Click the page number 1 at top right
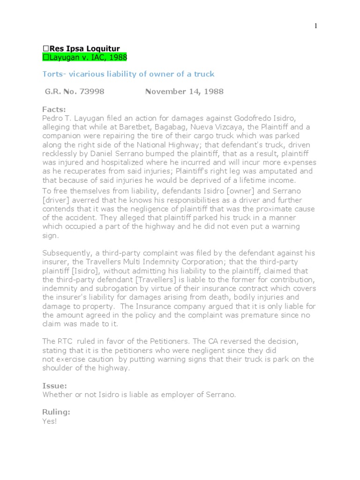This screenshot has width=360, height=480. coord(315,26)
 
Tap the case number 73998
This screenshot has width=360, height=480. coord(93,91)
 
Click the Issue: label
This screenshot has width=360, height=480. coord(54,386)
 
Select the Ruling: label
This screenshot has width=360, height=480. coord(56,412)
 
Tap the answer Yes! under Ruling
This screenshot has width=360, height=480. coord(49,421)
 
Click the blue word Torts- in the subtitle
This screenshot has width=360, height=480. coord(54,74)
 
